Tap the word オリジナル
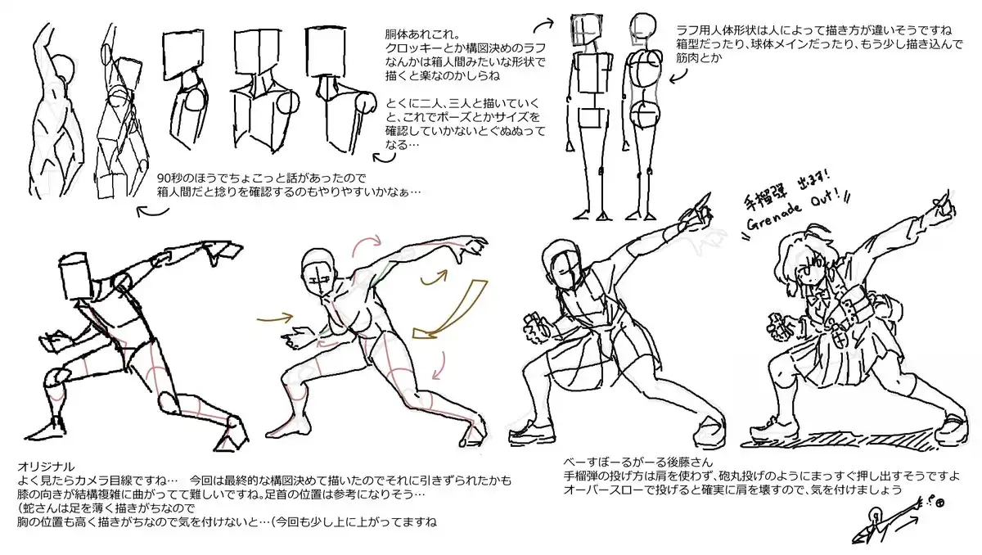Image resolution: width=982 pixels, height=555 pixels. [46, 466]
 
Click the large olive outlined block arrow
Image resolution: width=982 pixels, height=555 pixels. [452, 309]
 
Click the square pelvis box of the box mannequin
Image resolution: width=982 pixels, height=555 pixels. [592, 118]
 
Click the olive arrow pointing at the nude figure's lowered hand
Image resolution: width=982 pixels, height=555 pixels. [275, 318]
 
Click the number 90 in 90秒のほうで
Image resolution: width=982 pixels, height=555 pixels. [163, 178]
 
